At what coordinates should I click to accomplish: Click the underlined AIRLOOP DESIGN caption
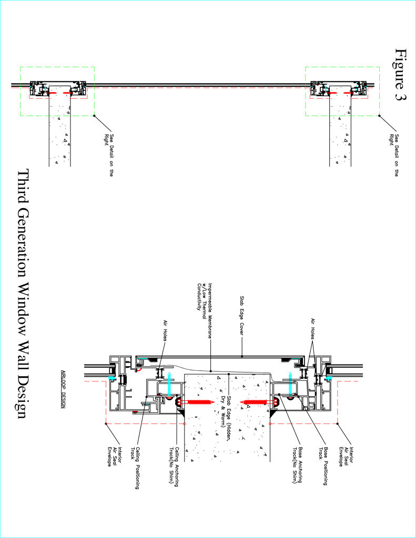(x=63, y=389)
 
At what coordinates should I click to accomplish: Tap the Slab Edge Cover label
(x=242, y=316)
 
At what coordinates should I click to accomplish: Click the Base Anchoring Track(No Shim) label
(x=297, y=464)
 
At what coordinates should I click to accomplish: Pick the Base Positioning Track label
(x=322, y=465)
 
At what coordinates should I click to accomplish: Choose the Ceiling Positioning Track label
(x=135, y=467)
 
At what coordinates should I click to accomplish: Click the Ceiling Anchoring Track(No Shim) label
(x=174, y=467)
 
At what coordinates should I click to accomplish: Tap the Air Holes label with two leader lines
(x=313, y=329)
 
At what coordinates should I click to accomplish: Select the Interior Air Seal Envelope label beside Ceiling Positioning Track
(x=115, y=457)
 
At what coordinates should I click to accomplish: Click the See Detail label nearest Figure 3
(x=394, y=155)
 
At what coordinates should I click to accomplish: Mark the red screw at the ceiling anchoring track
(x=195, y=402)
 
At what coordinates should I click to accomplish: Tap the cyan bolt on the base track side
(x=290, y=385)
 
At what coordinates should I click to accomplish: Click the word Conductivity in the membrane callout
(x=199, y=296)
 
